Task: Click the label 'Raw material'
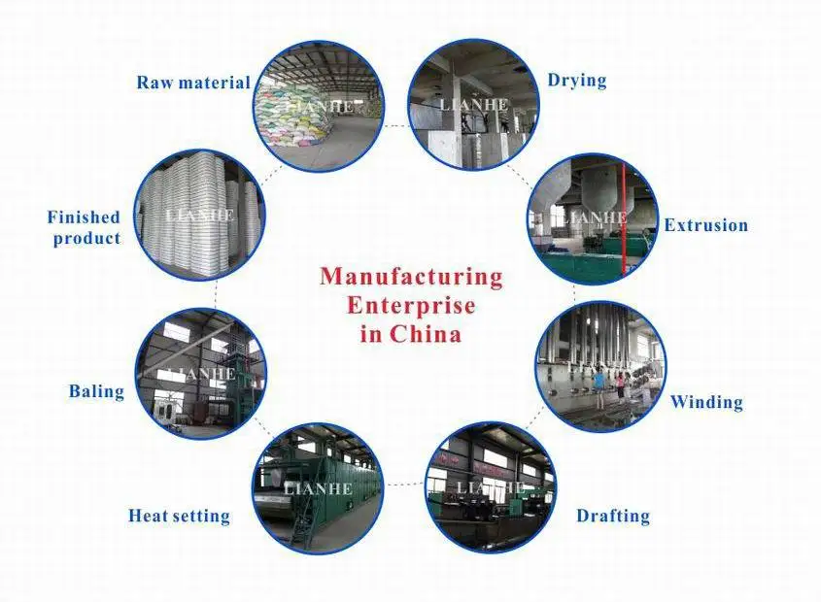[x=193, y=83]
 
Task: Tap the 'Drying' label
[x=577, y=80]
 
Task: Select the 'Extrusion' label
[x=706, y=225]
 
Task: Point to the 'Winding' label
[x=706, y=402]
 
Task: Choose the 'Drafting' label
[x=613, y=516]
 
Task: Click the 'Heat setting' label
[x=179, y=516]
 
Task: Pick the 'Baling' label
[x=96, y=392]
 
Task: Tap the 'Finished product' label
[x=85, y=227]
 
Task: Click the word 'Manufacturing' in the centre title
[x=412, y=277]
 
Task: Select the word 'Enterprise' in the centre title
[x=412, y=306]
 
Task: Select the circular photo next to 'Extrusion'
[x=592, y=219]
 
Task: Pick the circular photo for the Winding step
[x=600, y=367]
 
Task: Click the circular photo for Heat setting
[x=319, y=488]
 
